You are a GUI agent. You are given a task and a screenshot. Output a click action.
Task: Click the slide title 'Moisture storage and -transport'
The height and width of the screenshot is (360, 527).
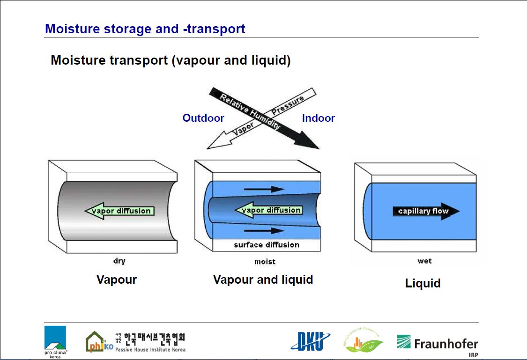[x=145, y=29]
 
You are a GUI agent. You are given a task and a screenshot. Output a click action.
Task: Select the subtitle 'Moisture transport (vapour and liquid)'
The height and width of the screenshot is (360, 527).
[x=171, y=60]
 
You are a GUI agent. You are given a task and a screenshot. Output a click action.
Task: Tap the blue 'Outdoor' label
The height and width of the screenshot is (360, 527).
[x=203, y=118]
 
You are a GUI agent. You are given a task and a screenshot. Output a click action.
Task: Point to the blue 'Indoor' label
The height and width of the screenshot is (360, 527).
[x=318, y=118]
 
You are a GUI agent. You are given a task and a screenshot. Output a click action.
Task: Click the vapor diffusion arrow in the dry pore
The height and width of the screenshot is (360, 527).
[x=119, y=211]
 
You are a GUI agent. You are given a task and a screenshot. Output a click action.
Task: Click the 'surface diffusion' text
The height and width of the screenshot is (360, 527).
[x=267, y=245]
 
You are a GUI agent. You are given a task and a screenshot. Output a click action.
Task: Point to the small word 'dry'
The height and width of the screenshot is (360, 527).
[x=119, y=261]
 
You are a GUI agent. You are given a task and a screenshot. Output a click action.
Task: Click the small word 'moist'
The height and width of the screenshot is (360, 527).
[x=265, y=262]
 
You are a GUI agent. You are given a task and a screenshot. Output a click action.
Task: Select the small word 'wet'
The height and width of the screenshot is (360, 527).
[x=424, y=261]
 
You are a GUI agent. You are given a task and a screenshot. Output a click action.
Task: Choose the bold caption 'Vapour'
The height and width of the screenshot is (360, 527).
[x=117, y=279]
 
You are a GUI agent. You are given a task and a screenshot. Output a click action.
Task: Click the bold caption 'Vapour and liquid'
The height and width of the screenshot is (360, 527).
[x=263, y=279]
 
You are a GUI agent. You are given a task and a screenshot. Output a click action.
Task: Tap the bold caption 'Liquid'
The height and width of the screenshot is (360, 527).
[x=423, y=283]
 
